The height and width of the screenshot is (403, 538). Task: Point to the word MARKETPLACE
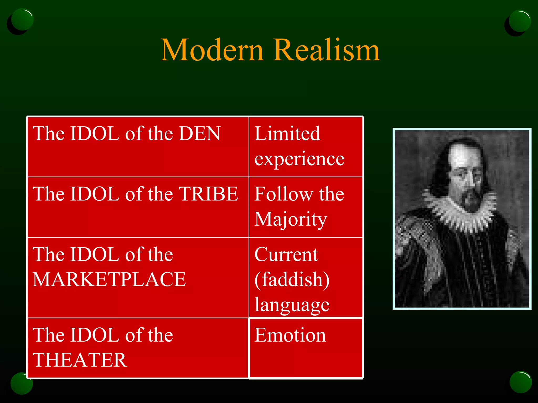click(x=109, y=279)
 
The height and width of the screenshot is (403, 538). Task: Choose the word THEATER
click(x=80, y=360)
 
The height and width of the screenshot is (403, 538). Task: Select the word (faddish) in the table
click(x=292, y=280)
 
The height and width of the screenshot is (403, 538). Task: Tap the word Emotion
click(x=290, y=335)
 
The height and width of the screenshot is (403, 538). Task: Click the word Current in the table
click(x=286, y=254)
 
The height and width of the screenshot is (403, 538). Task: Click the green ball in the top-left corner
click(x=22, y=20)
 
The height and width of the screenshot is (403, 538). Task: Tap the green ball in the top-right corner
click(x=520, y=21)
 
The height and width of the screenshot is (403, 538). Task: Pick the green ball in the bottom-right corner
click(x=521, y=382)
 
